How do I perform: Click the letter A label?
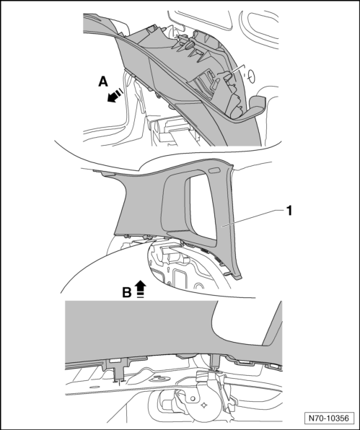pyautogui.click(x=103, y=82)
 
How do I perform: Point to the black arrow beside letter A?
pyautogui.click(x=115, y=95)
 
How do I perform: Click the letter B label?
pyautogui.click(x=127, y=292)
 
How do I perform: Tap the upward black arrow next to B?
pyautogui.click(x=141, y=289)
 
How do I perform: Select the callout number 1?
pyautogui.click(x=289, y=211)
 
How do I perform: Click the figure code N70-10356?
pyautogui.click(x=328, y=418)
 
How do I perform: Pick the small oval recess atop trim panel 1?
pyautogui.click(x=214, y=170)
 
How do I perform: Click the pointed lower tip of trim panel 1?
pyautogui.click(x=239, y=278)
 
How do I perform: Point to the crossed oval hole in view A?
pyautogui.click(x=251, y=76)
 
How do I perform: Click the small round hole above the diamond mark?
pyautogui.click(x=193, y=398)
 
